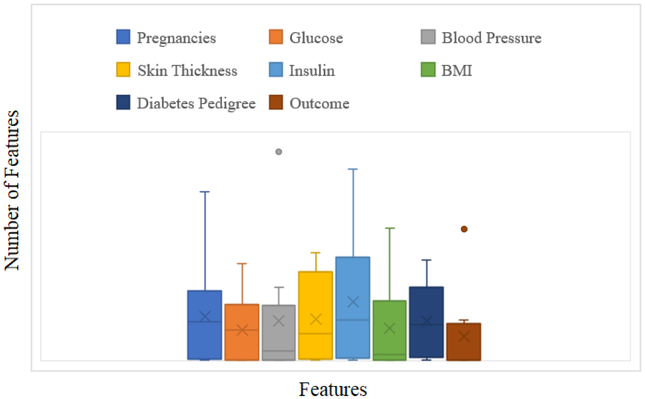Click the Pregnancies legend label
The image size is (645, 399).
[x=176, y=38]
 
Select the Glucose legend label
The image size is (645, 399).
[x=316, y=38]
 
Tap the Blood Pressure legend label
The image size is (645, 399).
[x=491, y=38]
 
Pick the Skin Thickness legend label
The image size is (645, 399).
[x=187, y=71]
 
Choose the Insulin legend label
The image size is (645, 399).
[x=312, y=71]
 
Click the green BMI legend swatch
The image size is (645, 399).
[x=428, y=71]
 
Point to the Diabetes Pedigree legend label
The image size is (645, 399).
[x=196, y=104]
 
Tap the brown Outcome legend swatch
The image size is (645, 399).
[x=275, y=104]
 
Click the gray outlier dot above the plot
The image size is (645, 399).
[x=278, y=152]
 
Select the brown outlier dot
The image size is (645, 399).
[x=464, y=229]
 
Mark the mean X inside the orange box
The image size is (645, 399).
[x=242, y=330]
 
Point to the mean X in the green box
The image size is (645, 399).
[x=390, y=328]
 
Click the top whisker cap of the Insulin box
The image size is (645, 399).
[x=353, y=169]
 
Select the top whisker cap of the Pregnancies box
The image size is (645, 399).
[x=205, y=192]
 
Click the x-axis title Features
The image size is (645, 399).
[x=333, y=389]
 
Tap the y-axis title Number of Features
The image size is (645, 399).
[x=13, y=190]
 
